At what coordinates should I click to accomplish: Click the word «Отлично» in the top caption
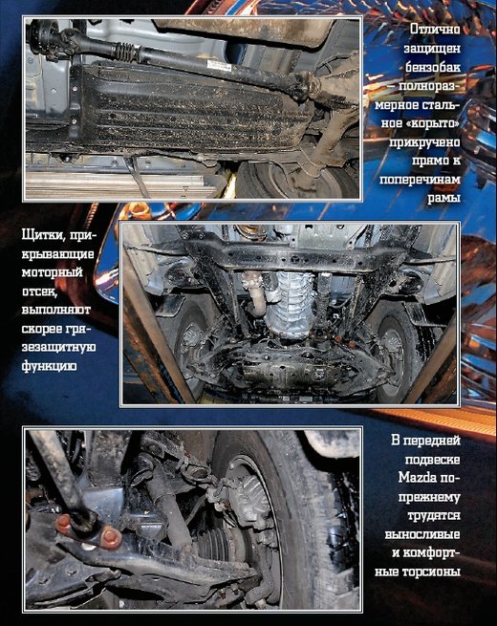coord(435,30)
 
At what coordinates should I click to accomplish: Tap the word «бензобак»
coord(433,67)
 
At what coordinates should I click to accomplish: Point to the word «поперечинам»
coord(420,180)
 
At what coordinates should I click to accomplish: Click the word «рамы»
coord(443,199)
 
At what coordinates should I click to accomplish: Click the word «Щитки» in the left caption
coord(43,235)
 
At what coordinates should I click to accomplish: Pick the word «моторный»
coord(52,272)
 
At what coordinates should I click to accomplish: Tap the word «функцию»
coord(49,366)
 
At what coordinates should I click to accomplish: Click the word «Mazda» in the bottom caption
coord(418,477)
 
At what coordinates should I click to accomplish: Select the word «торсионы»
coord(433,572)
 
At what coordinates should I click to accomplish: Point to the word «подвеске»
coord(433,459)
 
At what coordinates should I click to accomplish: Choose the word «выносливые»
coord(422,534)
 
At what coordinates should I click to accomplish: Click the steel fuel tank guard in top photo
coord(191,106)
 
